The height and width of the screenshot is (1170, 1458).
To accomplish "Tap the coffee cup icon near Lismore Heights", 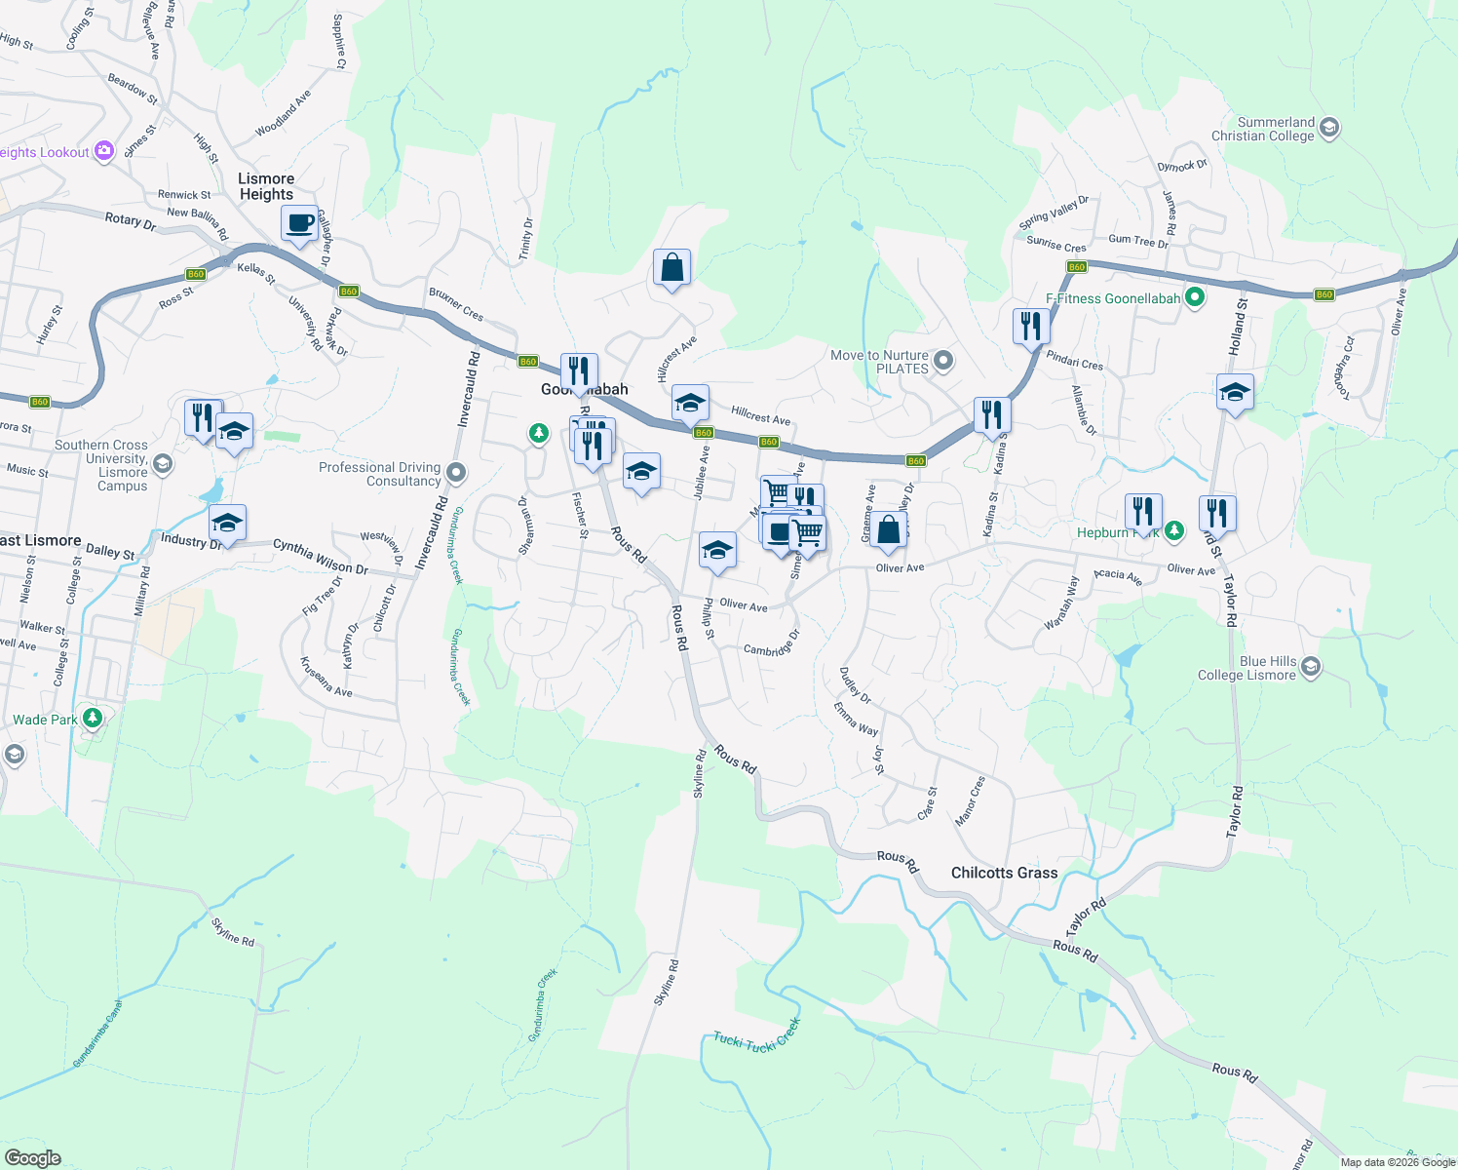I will click(x=300, y=224).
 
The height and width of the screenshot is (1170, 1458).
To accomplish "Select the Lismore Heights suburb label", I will click(x=266, y=186).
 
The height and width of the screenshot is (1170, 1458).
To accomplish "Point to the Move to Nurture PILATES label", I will click(x=879, y=362).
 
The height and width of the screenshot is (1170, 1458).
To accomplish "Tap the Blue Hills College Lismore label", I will click(x=1247, y=668).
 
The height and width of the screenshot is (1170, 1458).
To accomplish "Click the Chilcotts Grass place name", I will click(x=1004, y=873).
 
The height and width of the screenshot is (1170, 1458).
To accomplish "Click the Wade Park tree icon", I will click(x=93, y=719).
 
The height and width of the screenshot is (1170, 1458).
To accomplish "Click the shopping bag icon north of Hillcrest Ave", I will click(x=671, y=267).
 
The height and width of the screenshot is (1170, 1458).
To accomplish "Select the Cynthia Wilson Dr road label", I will click(x=320, y=556).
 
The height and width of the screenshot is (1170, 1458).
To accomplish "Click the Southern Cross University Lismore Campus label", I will click(x=101, y=465).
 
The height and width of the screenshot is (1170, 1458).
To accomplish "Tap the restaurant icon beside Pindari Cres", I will click(x=1030, y=326).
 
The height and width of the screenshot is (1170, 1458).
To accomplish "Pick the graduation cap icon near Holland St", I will click(x=1235, y=393).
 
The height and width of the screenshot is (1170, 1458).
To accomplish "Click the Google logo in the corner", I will click(x=33, y=1157).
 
